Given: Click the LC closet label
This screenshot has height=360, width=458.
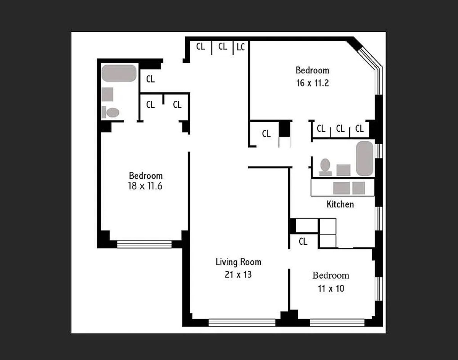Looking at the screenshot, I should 241,47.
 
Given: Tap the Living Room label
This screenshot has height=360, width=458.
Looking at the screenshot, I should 239,262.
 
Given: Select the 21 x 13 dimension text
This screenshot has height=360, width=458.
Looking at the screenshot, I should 239,274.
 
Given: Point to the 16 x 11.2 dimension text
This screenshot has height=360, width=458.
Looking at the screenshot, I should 312,82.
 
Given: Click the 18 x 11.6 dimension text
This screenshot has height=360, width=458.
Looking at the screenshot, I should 146,187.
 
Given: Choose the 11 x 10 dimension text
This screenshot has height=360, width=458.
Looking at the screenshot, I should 331,288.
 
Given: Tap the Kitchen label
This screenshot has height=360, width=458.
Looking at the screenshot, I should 340,204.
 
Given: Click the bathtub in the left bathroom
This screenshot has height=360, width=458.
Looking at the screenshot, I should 119,73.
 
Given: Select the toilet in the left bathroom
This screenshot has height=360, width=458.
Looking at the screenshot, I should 111,112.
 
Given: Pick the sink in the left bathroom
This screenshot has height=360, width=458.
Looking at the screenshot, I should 108,94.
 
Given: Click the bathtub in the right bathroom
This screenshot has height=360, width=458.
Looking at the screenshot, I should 364,158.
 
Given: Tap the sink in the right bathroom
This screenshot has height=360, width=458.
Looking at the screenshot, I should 343,170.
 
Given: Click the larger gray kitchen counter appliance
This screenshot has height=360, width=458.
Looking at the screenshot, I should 341,188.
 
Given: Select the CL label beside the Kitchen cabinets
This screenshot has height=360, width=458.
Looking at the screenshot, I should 303,242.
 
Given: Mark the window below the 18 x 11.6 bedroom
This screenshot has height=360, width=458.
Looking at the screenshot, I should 144,244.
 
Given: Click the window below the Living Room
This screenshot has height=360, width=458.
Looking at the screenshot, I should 242,323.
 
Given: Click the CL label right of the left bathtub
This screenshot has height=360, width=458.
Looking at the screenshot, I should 151,79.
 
